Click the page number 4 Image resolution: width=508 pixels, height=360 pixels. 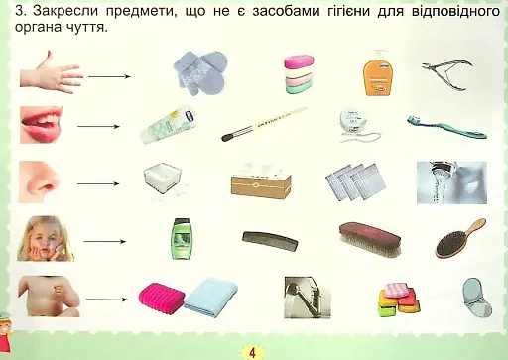coord(253,351)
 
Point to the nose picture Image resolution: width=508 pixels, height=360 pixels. coord(45,181)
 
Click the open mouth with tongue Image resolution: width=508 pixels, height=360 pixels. coord(44,126)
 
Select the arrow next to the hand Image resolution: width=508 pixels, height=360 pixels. coord(111,76)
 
